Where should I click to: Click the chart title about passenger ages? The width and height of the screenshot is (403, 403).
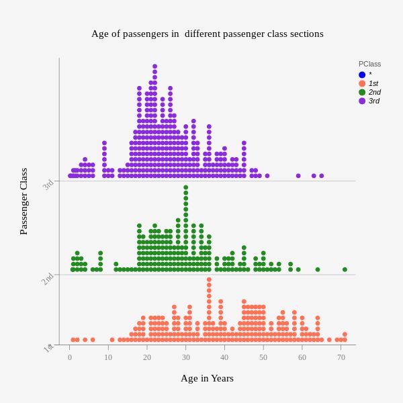pos(207,34)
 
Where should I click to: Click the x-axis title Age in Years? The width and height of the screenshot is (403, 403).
pos(207,378)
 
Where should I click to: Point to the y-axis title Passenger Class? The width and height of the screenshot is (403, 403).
pos(24,201)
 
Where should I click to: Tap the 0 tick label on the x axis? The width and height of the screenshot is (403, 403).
pos(70,357)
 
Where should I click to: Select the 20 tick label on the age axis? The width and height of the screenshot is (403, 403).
pos(147,357)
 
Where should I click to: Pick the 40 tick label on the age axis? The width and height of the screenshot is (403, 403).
pos(224,357)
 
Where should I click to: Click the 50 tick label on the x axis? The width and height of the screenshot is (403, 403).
pos(263,357)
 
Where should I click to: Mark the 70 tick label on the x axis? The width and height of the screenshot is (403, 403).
pos(341,357)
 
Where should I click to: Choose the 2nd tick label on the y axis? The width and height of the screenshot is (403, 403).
pos(48,279)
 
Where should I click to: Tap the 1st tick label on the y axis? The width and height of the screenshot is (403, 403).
pos(48,349)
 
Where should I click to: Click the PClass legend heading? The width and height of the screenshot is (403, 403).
pos(369,64)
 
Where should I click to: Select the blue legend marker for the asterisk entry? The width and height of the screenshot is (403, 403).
pos(362,75)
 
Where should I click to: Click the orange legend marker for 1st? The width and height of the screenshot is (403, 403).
pos(362,83)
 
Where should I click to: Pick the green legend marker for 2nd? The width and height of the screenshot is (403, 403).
pos(362,92)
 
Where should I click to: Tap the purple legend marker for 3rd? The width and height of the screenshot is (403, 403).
pos(362,101)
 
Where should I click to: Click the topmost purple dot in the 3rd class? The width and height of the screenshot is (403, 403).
pos(154,66)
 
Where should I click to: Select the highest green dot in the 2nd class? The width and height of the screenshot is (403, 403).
pos(186,187)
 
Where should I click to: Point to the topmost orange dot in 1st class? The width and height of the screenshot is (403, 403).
pos(209,279)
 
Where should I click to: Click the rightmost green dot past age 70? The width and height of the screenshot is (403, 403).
pos(345,269)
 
